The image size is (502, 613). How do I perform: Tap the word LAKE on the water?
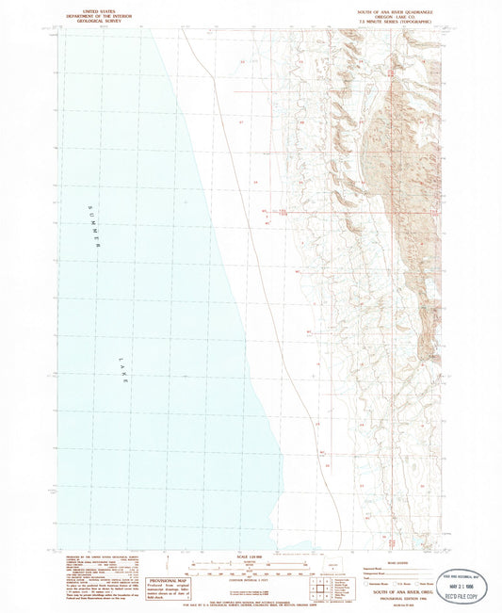122,368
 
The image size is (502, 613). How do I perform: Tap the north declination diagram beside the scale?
161,567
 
